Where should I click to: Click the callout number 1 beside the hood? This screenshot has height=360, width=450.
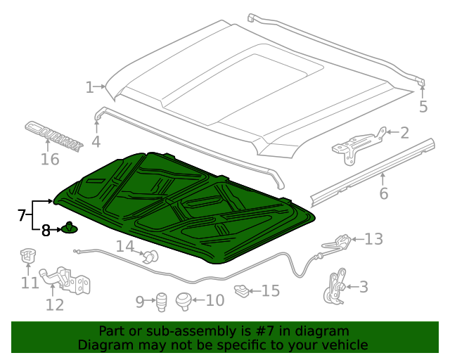(x=89, y=88)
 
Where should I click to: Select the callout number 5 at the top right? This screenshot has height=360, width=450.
(x=423, y=107)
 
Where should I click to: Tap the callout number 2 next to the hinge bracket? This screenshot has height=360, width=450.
(x=404, y=131)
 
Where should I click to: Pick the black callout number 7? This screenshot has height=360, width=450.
(x=21, y=214)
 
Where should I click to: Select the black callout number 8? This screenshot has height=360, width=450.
(x=45, y=230)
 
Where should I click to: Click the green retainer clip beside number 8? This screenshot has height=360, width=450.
(x=70, y=228)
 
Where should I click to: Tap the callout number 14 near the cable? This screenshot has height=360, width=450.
(x=124, y=247)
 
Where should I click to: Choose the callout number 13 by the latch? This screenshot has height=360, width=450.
(x=373, y=240)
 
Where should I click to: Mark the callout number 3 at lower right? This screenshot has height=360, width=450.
(x=363, y=286)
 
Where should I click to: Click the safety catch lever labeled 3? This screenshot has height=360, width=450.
(x=334, y=285)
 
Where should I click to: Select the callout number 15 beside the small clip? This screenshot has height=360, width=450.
(x=271, y=290)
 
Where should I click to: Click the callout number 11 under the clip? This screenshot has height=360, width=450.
(x=30, y=283)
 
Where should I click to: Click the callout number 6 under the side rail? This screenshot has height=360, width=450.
(x=383, y=194)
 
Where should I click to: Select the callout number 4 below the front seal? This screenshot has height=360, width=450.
(x=96, y=142)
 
